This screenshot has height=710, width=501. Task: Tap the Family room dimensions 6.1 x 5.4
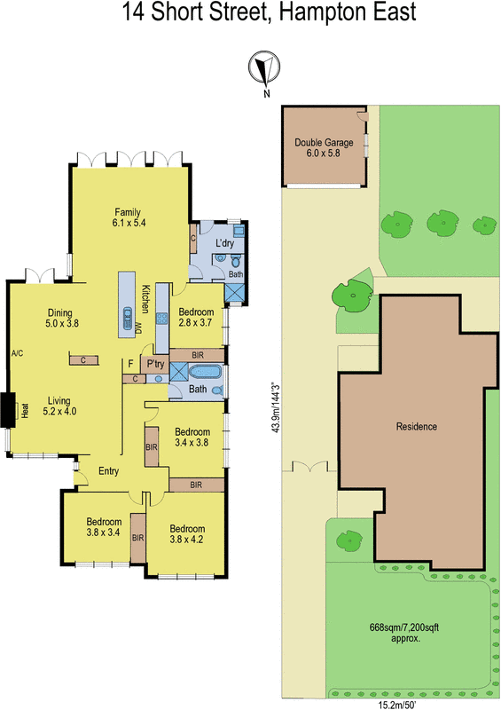coord(129,223)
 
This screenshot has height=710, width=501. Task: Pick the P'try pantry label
coord(156,364)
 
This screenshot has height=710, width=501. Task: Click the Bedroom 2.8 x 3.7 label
coord(196,318)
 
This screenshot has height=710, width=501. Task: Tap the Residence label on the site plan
coord(416,426)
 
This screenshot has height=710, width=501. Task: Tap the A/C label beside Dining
coord(16,353)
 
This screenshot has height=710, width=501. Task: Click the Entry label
coord(108,471)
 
